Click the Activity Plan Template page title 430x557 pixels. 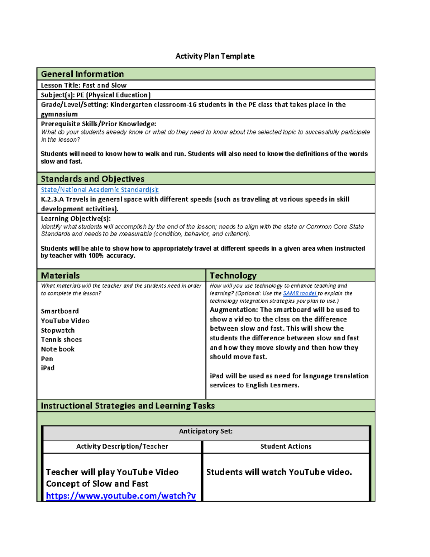coord(215,56)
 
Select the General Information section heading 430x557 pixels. coord(82,74)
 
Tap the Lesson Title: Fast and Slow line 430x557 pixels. coord(83,85)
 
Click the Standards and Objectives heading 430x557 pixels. coord(92,179)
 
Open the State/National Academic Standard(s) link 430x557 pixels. coord(100,190)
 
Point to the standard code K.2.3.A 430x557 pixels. coord(52,199)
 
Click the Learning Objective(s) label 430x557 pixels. coord(76,218)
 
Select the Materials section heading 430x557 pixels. coord(60,275)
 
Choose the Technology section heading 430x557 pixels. coord(233,275)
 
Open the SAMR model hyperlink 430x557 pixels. coord(300,293)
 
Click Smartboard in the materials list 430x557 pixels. coord(60,311)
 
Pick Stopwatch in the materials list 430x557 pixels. coord(58,330)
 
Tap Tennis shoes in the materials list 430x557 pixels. coord(61,339)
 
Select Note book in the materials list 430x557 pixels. coord(58,349)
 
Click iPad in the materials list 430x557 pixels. coord(48,368)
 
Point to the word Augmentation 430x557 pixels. coord(234,310)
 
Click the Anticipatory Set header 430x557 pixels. coord(206,431)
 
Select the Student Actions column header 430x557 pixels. coord(286,446)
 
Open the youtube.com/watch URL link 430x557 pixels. coord(121,496)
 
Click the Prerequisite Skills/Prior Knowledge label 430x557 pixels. coord(99,124)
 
